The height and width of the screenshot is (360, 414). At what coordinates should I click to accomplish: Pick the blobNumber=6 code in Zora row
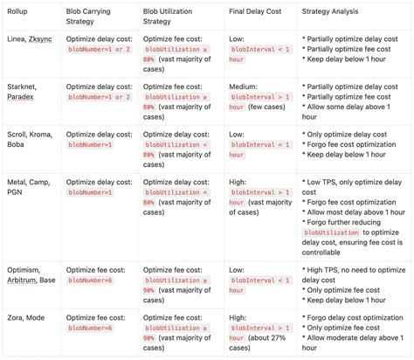pos(91,327)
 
